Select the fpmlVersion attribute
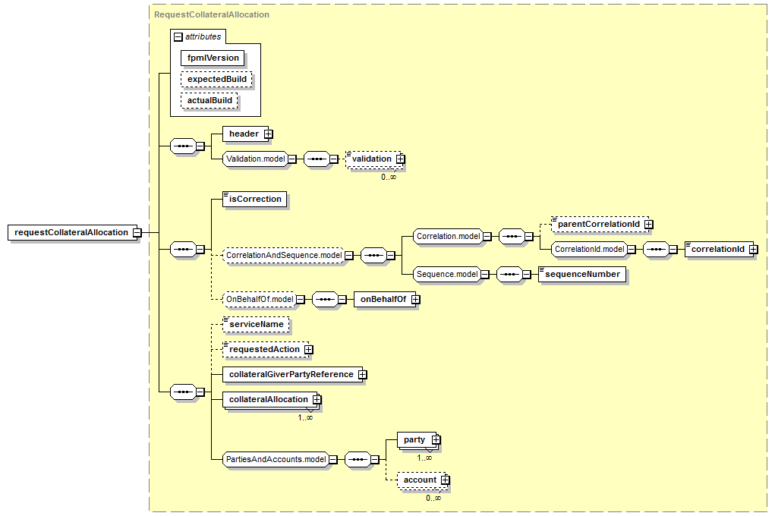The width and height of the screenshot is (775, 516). tap(213, 58)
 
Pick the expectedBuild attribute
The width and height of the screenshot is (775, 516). tap(216, 79)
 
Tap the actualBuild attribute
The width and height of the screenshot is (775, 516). tap(210, 100)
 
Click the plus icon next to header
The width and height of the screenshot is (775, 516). tap(269, 134)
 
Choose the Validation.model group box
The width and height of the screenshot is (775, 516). tap(254, 159)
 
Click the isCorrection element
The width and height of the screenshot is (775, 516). tap(254, 200)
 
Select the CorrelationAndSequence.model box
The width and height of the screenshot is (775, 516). tap(282, 256)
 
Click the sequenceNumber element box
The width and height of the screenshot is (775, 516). tap(582, 274)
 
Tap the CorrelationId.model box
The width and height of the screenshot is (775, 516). tap(588, 249)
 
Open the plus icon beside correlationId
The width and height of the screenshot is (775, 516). tap(753, 250)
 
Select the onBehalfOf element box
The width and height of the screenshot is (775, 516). tap(383, 300)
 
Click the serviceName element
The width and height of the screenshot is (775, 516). tap(257, 324)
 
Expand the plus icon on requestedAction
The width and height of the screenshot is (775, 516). tap(308, 350)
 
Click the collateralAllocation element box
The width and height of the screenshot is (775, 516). tap(268, 399)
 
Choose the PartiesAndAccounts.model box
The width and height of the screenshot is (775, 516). tap(276, 459)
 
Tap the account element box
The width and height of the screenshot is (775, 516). tap(419, 480)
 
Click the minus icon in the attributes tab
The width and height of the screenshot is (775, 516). tap(178, 36)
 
